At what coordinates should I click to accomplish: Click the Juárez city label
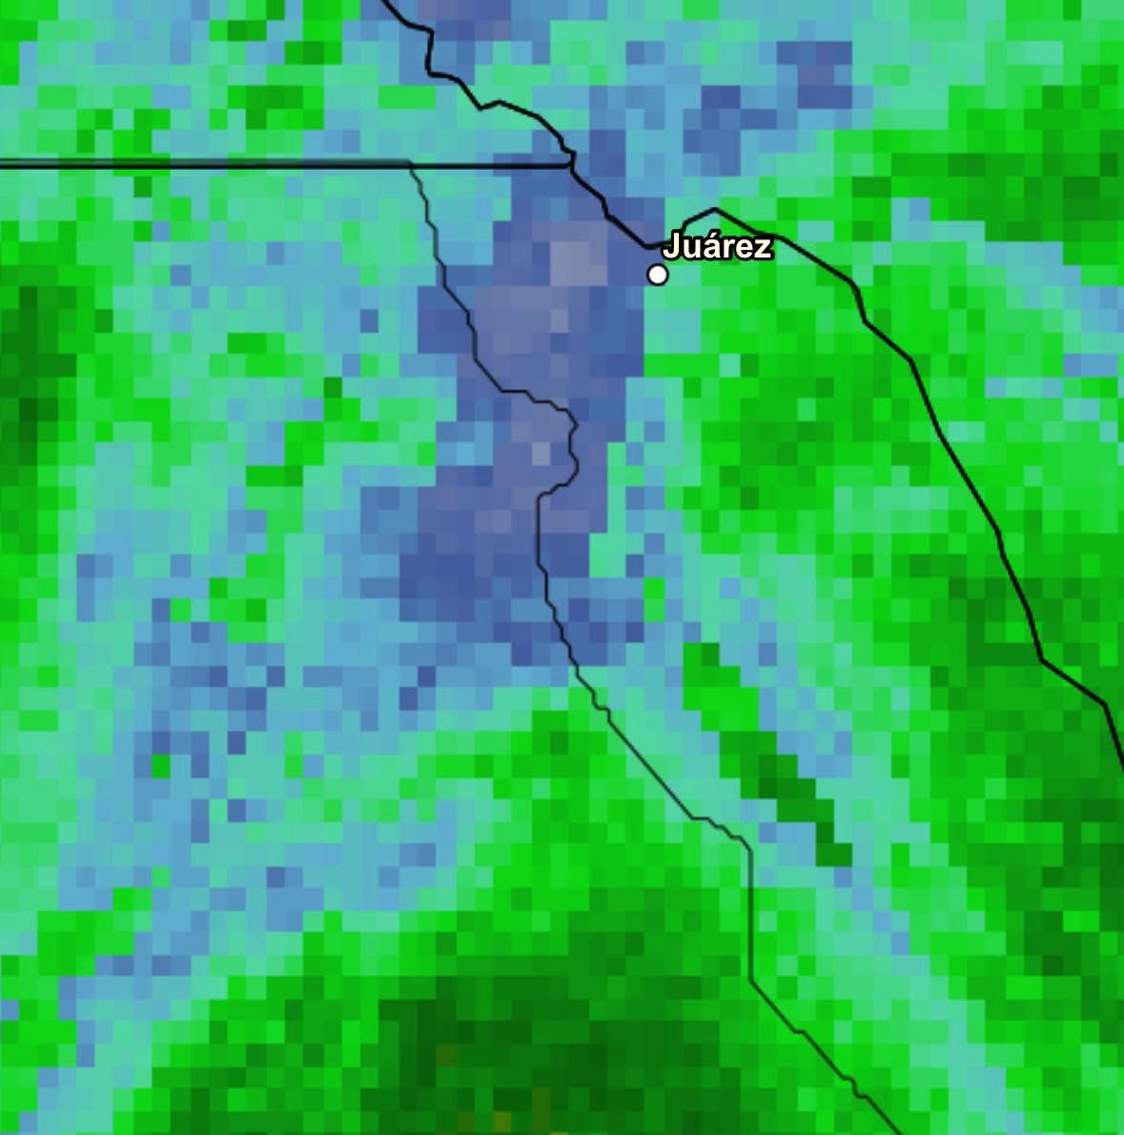click(717, 246)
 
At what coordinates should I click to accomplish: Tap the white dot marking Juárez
click(657, 275)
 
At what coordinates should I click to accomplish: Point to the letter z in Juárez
click(762, 248)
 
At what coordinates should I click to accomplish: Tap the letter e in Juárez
click(745, 248)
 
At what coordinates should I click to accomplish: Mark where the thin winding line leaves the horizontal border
click(411, 165)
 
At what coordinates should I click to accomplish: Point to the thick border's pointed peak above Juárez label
click(716, 209)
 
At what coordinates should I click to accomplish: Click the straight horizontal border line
click(238, 165)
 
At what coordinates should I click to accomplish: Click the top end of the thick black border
click(384, 2)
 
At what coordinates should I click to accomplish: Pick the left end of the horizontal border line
click(3, 165)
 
